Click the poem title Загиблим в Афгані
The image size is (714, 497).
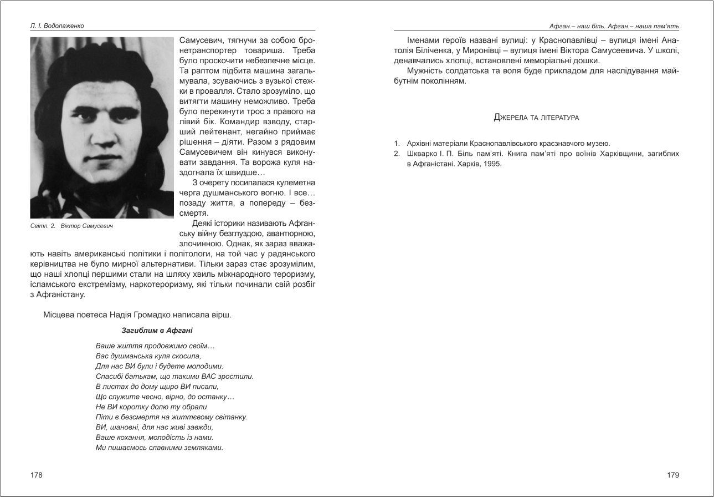point(157,331)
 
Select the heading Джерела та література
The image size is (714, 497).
point(536,118)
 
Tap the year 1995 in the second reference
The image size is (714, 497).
point(493,164)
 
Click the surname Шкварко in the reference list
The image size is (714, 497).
point(422,153)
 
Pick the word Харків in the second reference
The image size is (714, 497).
point(469,164)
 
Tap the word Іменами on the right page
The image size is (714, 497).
point(424,40)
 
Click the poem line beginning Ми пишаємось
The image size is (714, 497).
point(159,447)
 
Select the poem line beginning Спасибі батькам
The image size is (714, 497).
point(174,376)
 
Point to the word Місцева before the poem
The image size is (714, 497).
point(60,315)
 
